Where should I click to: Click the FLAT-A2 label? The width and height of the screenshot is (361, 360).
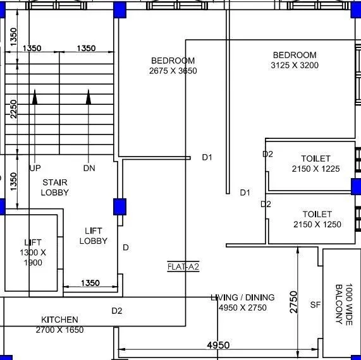pos(183,267)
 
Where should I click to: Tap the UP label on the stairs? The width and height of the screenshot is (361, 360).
pos(35,168)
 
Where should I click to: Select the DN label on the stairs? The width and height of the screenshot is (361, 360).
pos(89,168)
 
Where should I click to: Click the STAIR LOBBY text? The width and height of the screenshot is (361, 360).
pos(55,187)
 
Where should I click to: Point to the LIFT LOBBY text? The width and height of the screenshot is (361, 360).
pos(94,236)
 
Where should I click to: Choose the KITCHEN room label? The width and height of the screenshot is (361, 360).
pos(59,320)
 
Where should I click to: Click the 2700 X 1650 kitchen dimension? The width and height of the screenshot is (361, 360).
pos(59,329)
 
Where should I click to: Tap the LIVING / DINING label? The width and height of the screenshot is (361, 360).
pos(242,297)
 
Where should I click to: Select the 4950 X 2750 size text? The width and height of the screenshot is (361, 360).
pos(242,308)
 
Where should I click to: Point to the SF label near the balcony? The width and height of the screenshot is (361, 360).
pos(315,305)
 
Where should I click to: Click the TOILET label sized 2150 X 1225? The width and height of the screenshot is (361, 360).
pos(315,159)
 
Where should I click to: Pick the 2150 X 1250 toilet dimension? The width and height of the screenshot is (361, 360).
pos(317,224)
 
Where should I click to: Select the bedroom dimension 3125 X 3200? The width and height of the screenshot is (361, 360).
pos(295,65)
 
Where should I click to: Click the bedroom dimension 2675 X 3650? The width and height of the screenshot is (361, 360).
pos(173,71)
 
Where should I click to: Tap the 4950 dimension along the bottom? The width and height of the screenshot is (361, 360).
pos(218,345)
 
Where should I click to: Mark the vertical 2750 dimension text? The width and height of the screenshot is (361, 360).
pos(293,302)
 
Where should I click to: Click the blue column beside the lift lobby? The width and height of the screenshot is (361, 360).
pos(119,207)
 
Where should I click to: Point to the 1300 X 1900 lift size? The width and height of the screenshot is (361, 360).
pos(33,257)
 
